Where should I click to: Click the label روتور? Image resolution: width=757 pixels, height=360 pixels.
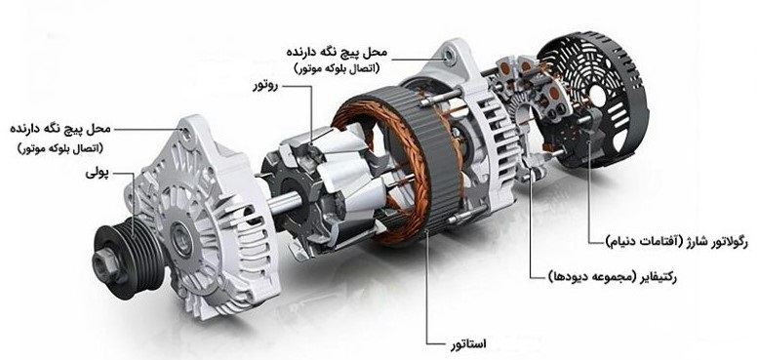pyautogui.click(x=266, y=87)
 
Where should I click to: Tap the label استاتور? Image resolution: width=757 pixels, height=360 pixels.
pyautogui.click(x=468, y=343)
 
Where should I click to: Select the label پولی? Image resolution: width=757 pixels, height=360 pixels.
pyautogui.click(x=97, y=173)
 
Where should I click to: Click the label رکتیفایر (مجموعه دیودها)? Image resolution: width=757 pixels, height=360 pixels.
pyautogui.click(x=614, y=277)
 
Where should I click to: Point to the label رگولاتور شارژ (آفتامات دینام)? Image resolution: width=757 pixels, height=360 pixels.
pyautogui.click(x=676, y=241)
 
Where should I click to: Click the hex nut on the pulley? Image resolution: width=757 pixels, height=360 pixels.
pyautogui.click(x=104, y=263)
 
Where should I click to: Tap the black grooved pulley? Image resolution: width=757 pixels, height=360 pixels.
pyautogui.click(x=128, y=259)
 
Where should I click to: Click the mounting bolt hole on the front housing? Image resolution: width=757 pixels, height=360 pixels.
pyautogui.click(x=186, y=132)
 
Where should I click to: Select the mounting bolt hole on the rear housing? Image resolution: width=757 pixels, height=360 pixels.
pyautogui.click(x=450, y=58)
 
